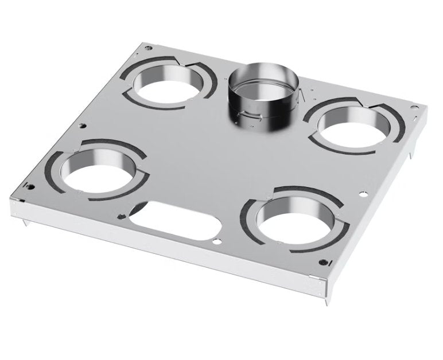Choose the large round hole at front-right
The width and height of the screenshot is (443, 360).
coord(291,220)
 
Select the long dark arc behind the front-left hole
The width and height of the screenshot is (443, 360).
coord(98,144)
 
